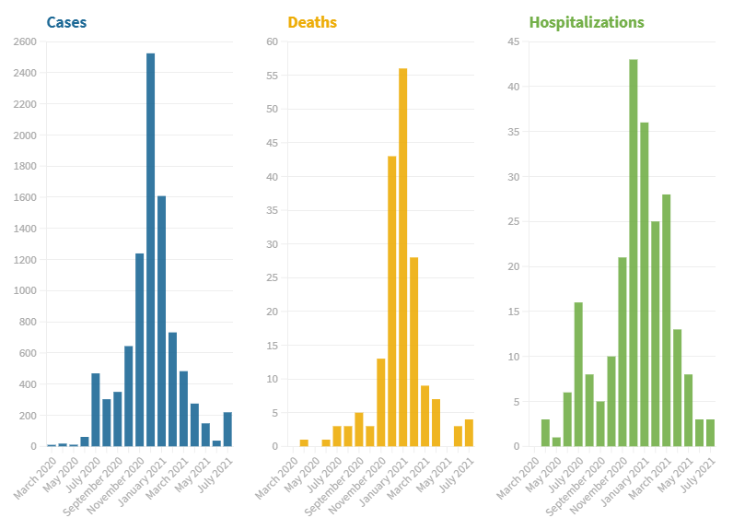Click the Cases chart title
click(67, 22)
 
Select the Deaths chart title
click(312, 22)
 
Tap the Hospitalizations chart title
click(587, 22)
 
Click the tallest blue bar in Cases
click(151, 249)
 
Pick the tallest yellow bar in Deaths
click(403, 257)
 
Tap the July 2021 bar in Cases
click(227, 430)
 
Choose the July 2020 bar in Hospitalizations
click(578, 374)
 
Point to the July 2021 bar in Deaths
click(469, 433)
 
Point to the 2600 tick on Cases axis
click(25, 41)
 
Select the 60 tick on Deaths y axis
click(272, 41)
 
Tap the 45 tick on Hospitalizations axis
click(513, 41)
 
